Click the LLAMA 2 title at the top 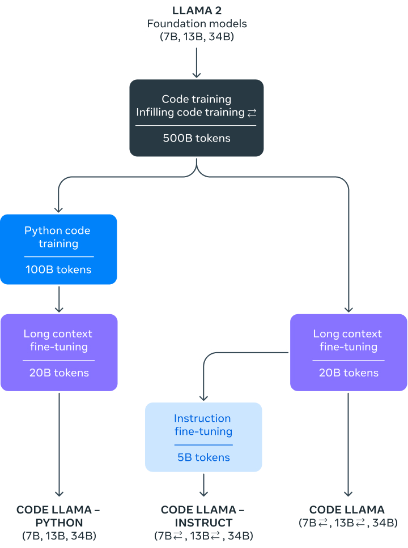click(197, 11)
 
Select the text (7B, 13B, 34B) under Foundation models click(197, 37)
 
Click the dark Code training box click(197, 118)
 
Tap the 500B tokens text click(197, 138)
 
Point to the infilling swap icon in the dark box click(252, 113)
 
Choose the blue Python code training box click(58, 249)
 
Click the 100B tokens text click(58, 269)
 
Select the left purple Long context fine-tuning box click(58, 352)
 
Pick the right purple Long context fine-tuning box click(348, 352)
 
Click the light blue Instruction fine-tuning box click(203, 436)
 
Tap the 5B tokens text click(203, 457)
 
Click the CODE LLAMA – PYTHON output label click(58, 516)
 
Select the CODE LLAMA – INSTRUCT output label click(203, 516)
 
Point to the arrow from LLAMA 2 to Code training click(197, 62)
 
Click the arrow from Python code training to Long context click(59, 299)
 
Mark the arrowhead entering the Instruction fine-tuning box click(203, 398)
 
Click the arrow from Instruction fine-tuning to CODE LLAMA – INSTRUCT click(203, 485)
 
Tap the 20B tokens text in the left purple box click(58, 373)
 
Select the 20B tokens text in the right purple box click(348, 373)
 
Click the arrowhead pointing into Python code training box click(59, 209)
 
